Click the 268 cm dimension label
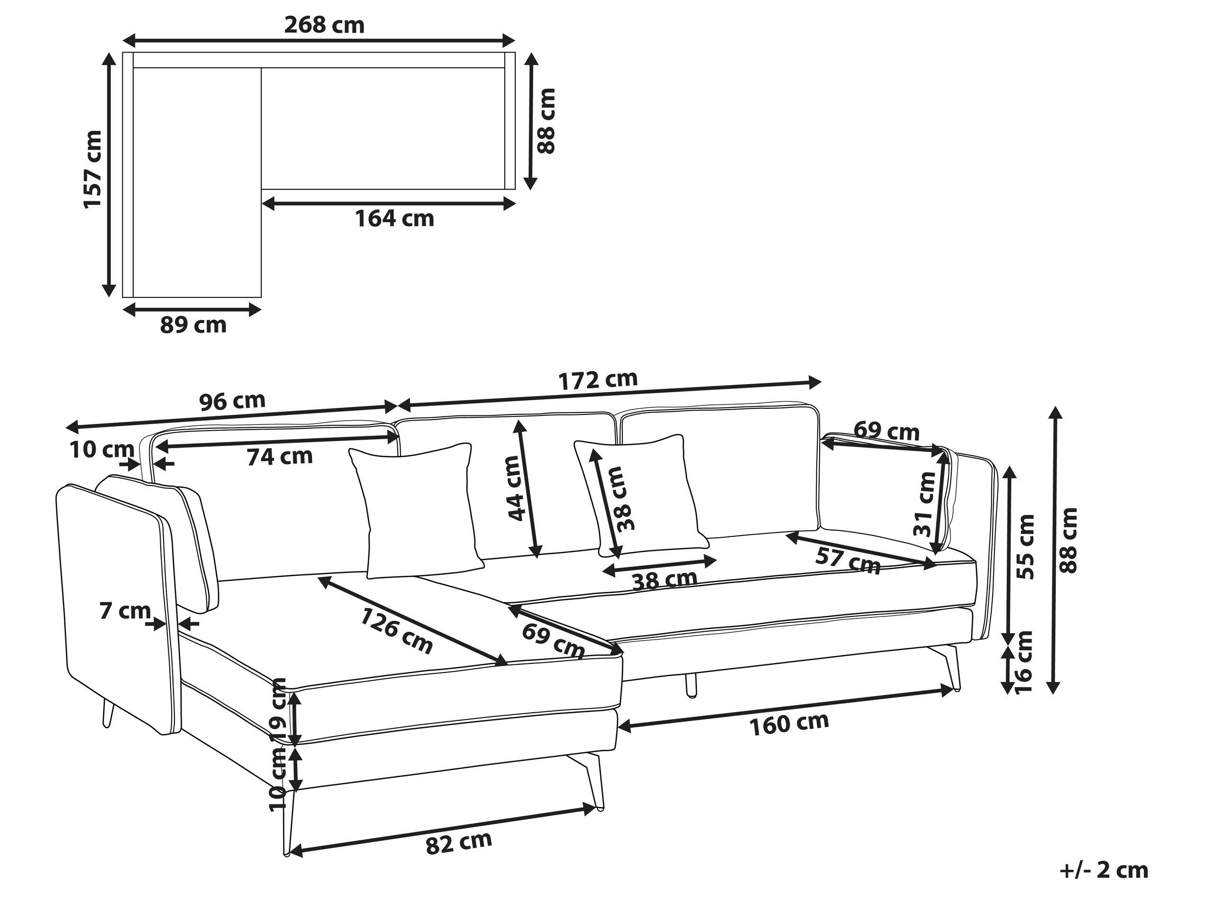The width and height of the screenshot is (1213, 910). coord(324,25)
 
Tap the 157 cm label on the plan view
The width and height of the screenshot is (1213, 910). coord(93,169)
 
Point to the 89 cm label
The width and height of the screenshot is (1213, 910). coord(193,325)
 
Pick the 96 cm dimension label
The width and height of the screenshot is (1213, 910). coord(232,402)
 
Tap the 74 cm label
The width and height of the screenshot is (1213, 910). coord(280,456)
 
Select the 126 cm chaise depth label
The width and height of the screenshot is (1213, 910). coord(396,631)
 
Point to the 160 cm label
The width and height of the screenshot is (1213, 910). coord(789,724)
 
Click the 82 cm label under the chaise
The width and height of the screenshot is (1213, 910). coord(458,843)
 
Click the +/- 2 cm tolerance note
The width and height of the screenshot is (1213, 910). coord(1104,870)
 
